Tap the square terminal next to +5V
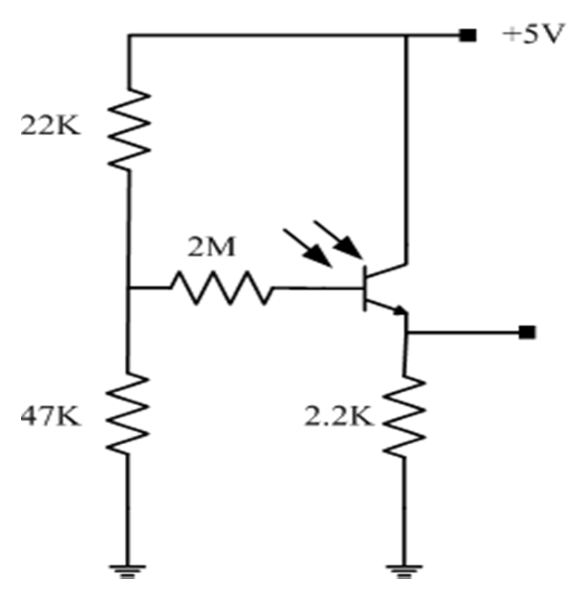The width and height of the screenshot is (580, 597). (x=467, y=35)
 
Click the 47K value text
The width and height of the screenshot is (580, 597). (x=51, y=416)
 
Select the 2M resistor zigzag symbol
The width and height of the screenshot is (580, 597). (x=221, y=288)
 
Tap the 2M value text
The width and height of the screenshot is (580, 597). (x=211, y=248)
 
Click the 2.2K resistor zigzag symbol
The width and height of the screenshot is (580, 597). (x=404, y=415)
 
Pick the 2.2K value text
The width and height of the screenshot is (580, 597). (x=339, y=417)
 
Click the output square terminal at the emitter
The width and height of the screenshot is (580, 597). (x=527, y=332)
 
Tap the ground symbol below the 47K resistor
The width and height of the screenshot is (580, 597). (x=127, y=570)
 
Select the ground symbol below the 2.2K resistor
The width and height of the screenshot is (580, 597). (x=404, y=570)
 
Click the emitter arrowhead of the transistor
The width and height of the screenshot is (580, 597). (x=399, y=311)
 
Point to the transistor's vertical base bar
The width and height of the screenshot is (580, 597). (x=365, y=288)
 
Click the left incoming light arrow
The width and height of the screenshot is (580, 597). (x=308, y=248)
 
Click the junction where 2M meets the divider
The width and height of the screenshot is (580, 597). (x=128, y=288)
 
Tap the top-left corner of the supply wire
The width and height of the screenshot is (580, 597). (x=129, y=35)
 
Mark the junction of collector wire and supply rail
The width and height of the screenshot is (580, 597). (x=407, y=35)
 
